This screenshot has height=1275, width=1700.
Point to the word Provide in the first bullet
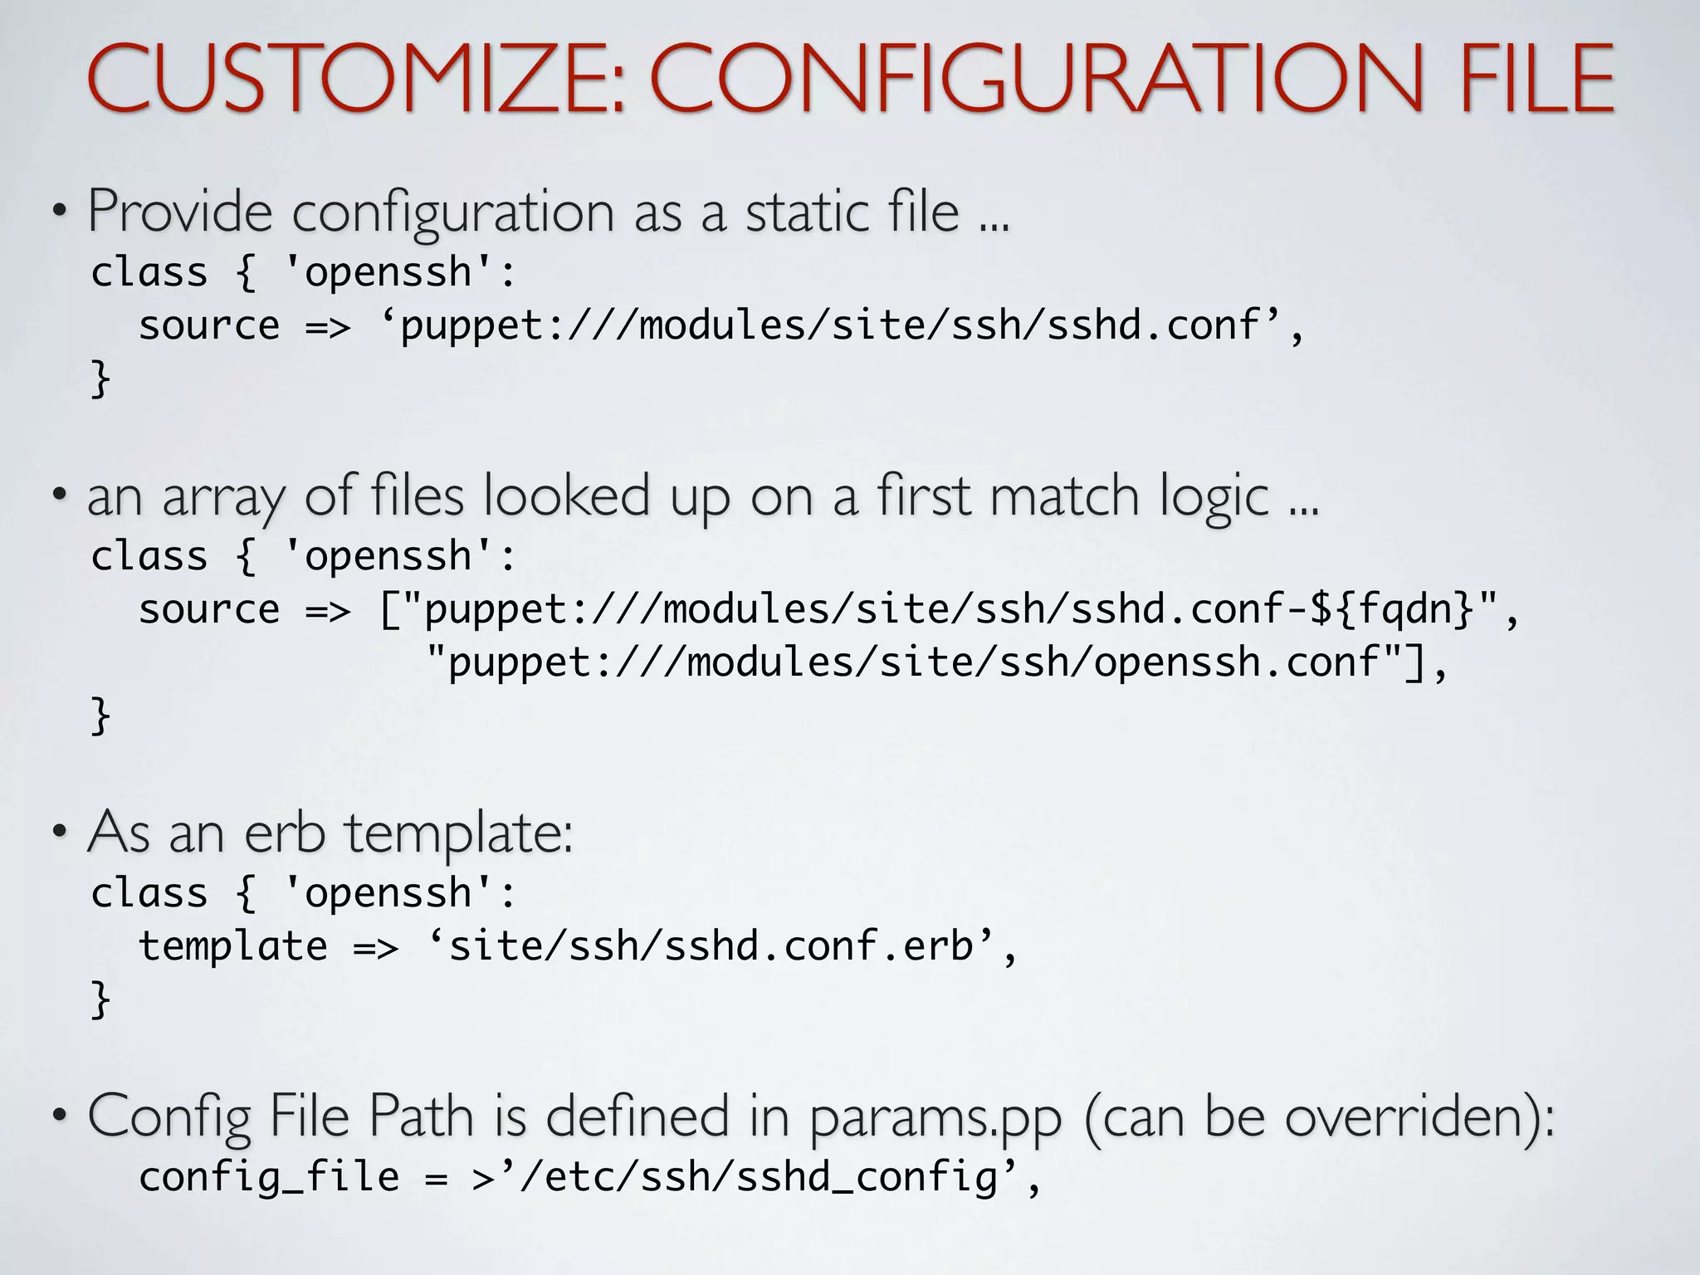pos(180,212)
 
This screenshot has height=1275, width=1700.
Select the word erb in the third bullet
pos(284,833)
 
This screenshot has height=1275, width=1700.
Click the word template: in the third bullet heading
pos(459,833)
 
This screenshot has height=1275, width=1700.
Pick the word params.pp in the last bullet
pos(935,1118)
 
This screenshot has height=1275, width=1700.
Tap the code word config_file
pos(269,1177)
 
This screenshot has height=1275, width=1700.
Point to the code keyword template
pos(233,946)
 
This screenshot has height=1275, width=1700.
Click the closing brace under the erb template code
pos(100,999)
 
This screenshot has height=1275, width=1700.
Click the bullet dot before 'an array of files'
pos(59,496)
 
